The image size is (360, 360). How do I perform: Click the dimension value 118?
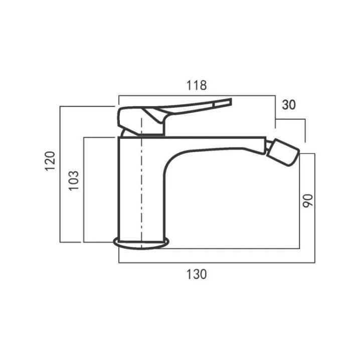[197, 85]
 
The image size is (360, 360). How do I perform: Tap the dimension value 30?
[289, 104]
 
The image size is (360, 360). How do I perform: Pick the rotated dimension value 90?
[307, 200]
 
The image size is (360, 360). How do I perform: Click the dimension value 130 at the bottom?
[197, 274]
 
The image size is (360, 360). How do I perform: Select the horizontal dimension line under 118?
[197, 94]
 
